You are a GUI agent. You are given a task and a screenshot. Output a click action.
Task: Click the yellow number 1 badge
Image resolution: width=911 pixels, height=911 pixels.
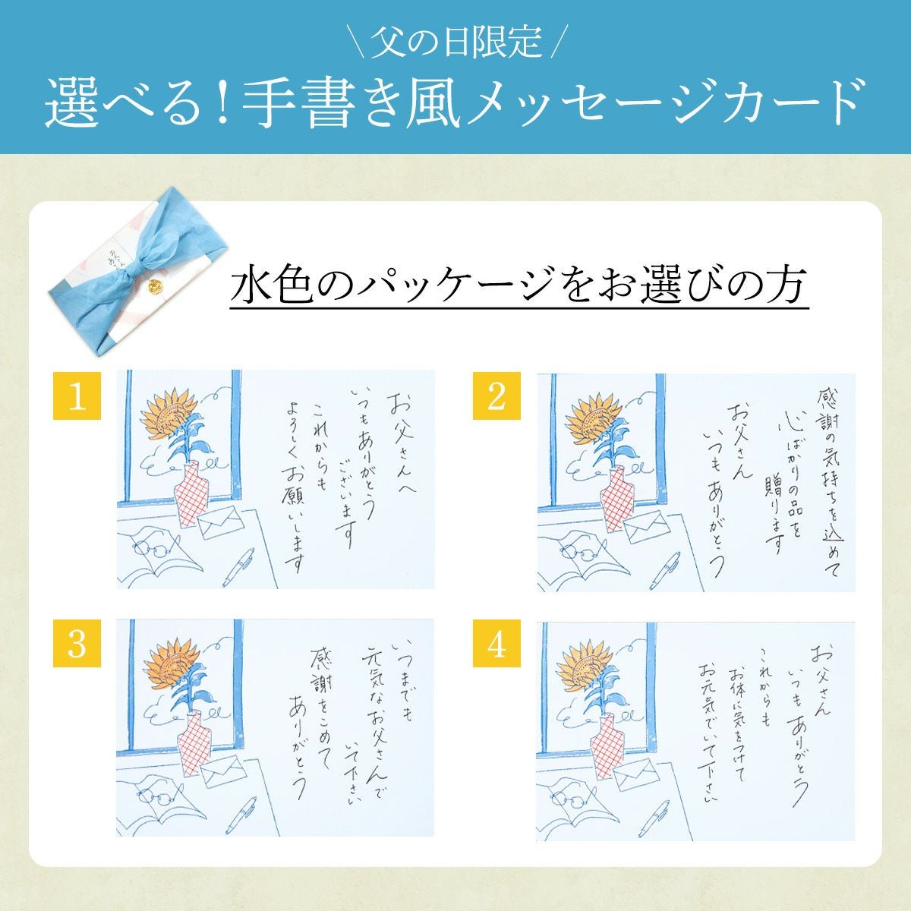[x=77, y=396]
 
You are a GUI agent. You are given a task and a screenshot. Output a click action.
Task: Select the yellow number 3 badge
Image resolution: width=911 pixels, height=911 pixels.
[x=77, y=643]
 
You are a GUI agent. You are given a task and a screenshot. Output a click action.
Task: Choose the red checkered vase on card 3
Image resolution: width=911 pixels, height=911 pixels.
[x=193, y=743]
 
